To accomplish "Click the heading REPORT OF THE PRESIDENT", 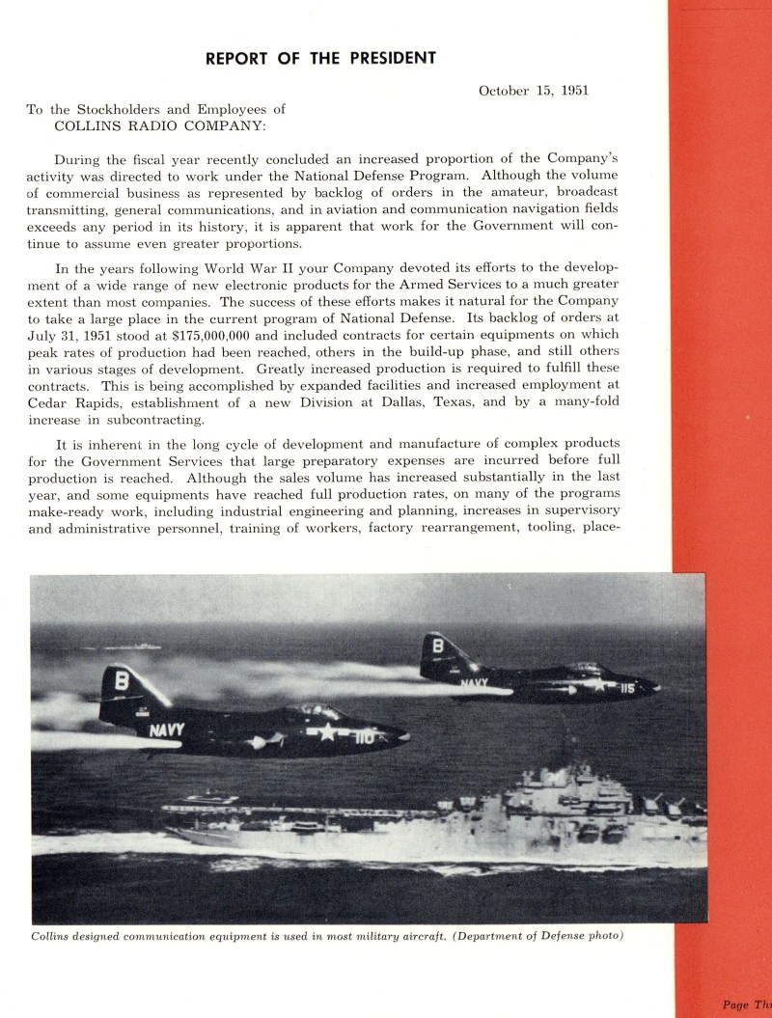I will click(x=320, y=58).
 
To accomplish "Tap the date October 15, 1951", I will click(x=534, y=91).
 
